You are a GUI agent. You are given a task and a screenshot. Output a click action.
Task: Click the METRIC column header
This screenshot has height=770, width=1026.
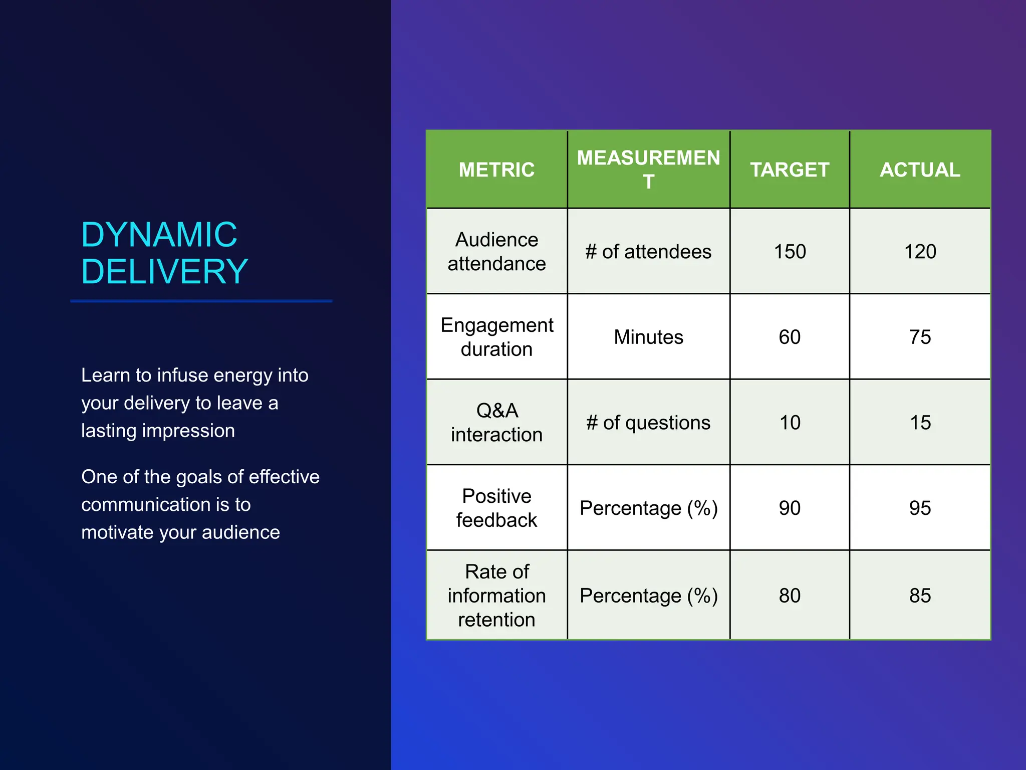click(496, 170)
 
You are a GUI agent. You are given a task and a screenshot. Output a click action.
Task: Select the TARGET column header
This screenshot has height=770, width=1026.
click(790, 170)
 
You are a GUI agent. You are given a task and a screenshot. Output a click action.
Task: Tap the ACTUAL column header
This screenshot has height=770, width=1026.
click(920, 170)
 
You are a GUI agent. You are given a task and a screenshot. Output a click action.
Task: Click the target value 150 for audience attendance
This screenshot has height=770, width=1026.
click(790, 252)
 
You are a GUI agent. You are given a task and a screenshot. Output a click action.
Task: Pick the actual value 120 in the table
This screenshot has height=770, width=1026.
click(920, 252)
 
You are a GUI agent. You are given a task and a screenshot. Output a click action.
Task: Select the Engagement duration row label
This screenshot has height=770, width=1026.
click(496, 337)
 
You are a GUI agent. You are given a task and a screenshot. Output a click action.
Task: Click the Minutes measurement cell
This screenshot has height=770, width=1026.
click(648, 337)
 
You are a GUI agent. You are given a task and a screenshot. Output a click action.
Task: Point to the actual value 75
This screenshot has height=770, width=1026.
click(920, 337)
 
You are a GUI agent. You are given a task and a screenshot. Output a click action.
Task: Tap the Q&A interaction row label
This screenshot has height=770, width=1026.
click(496, 423)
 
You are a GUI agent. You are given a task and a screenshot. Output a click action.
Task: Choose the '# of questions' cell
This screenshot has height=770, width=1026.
click(648, 423)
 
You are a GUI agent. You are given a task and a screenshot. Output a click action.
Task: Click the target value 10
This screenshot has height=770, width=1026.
click(790, 423)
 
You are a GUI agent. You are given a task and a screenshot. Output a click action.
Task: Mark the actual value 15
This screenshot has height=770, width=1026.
click(920, 423)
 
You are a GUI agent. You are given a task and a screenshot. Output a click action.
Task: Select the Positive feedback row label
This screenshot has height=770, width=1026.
click(496, 508)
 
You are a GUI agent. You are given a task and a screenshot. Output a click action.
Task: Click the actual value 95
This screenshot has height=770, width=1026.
click(920, 508)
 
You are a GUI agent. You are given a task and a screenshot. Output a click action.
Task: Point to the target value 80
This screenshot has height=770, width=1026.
click(790, 596)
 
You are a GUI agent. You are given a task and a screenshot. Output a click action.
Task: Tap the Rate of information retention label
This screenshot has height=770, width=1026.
click(496, 596)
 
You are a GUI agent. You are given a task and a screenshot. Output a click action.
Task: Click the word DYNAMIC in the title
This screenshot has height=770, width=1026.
click(159, 235)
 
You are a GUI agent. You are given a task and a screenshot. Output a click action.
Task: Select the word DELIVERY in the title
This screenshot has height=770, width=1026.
click(164, 272)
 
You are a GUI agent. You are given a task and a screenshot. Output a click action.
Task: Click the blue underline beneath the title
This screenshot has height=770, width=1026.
click(201, 301)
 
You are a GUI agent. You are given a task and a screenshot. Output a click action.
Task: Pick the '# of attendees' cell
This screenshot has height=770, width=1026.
click(648, 252)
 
